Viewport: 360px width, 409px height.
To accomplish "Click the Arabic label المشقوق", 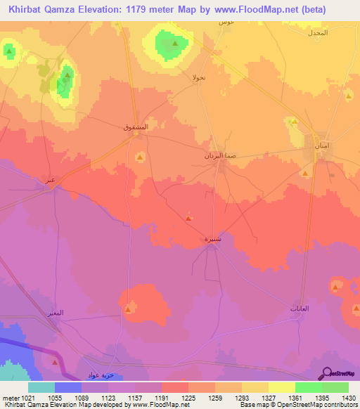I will click(x=135, y=127).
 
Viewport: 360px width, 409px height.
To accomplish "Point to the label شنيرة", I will click(x=214, y=239).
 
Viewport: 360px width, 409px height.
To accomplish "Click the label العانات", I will click(x=299, y=310).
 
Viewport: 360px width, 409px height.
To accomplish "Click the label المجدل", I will click(x=319, y=33).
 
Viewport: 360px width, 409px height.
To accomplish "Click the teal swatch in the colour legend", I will click(x=41, y=387).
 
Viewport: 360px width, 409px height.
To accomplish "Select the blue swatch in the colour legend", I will click(x=67, y=387).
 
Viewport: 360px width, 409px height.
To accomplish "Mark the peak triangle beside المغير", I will click(x=129, y=309).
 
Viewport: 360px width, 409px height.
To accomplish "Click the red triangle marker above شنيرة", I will click(x=188, y=219).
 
